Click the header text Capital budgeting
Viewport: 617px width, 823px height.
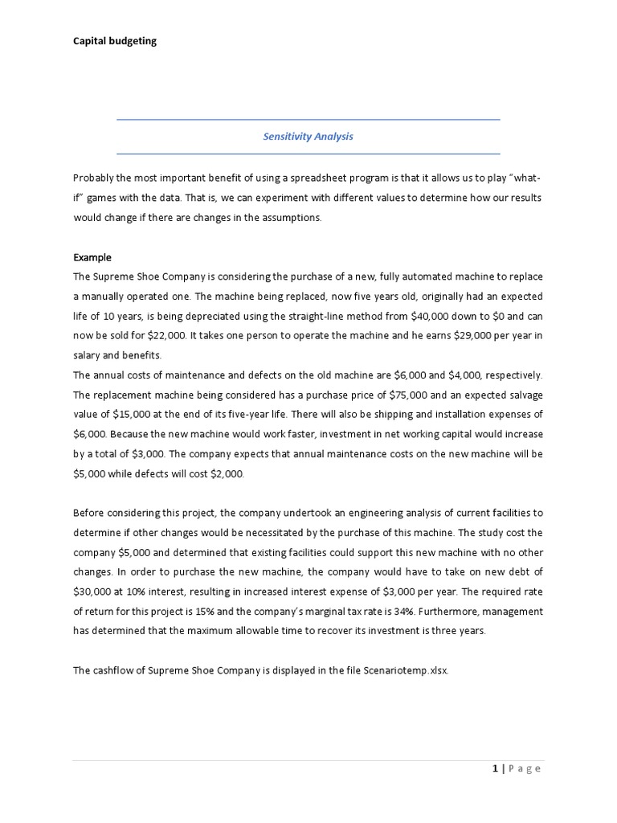115,41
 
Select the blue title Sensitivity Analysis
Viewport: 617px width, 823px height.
308,137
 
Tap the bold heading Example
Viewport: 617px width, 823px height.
92,258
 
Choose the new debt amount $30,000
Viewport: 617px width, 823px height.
92,592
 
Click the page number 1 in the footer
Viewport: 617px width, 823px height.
496,768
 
